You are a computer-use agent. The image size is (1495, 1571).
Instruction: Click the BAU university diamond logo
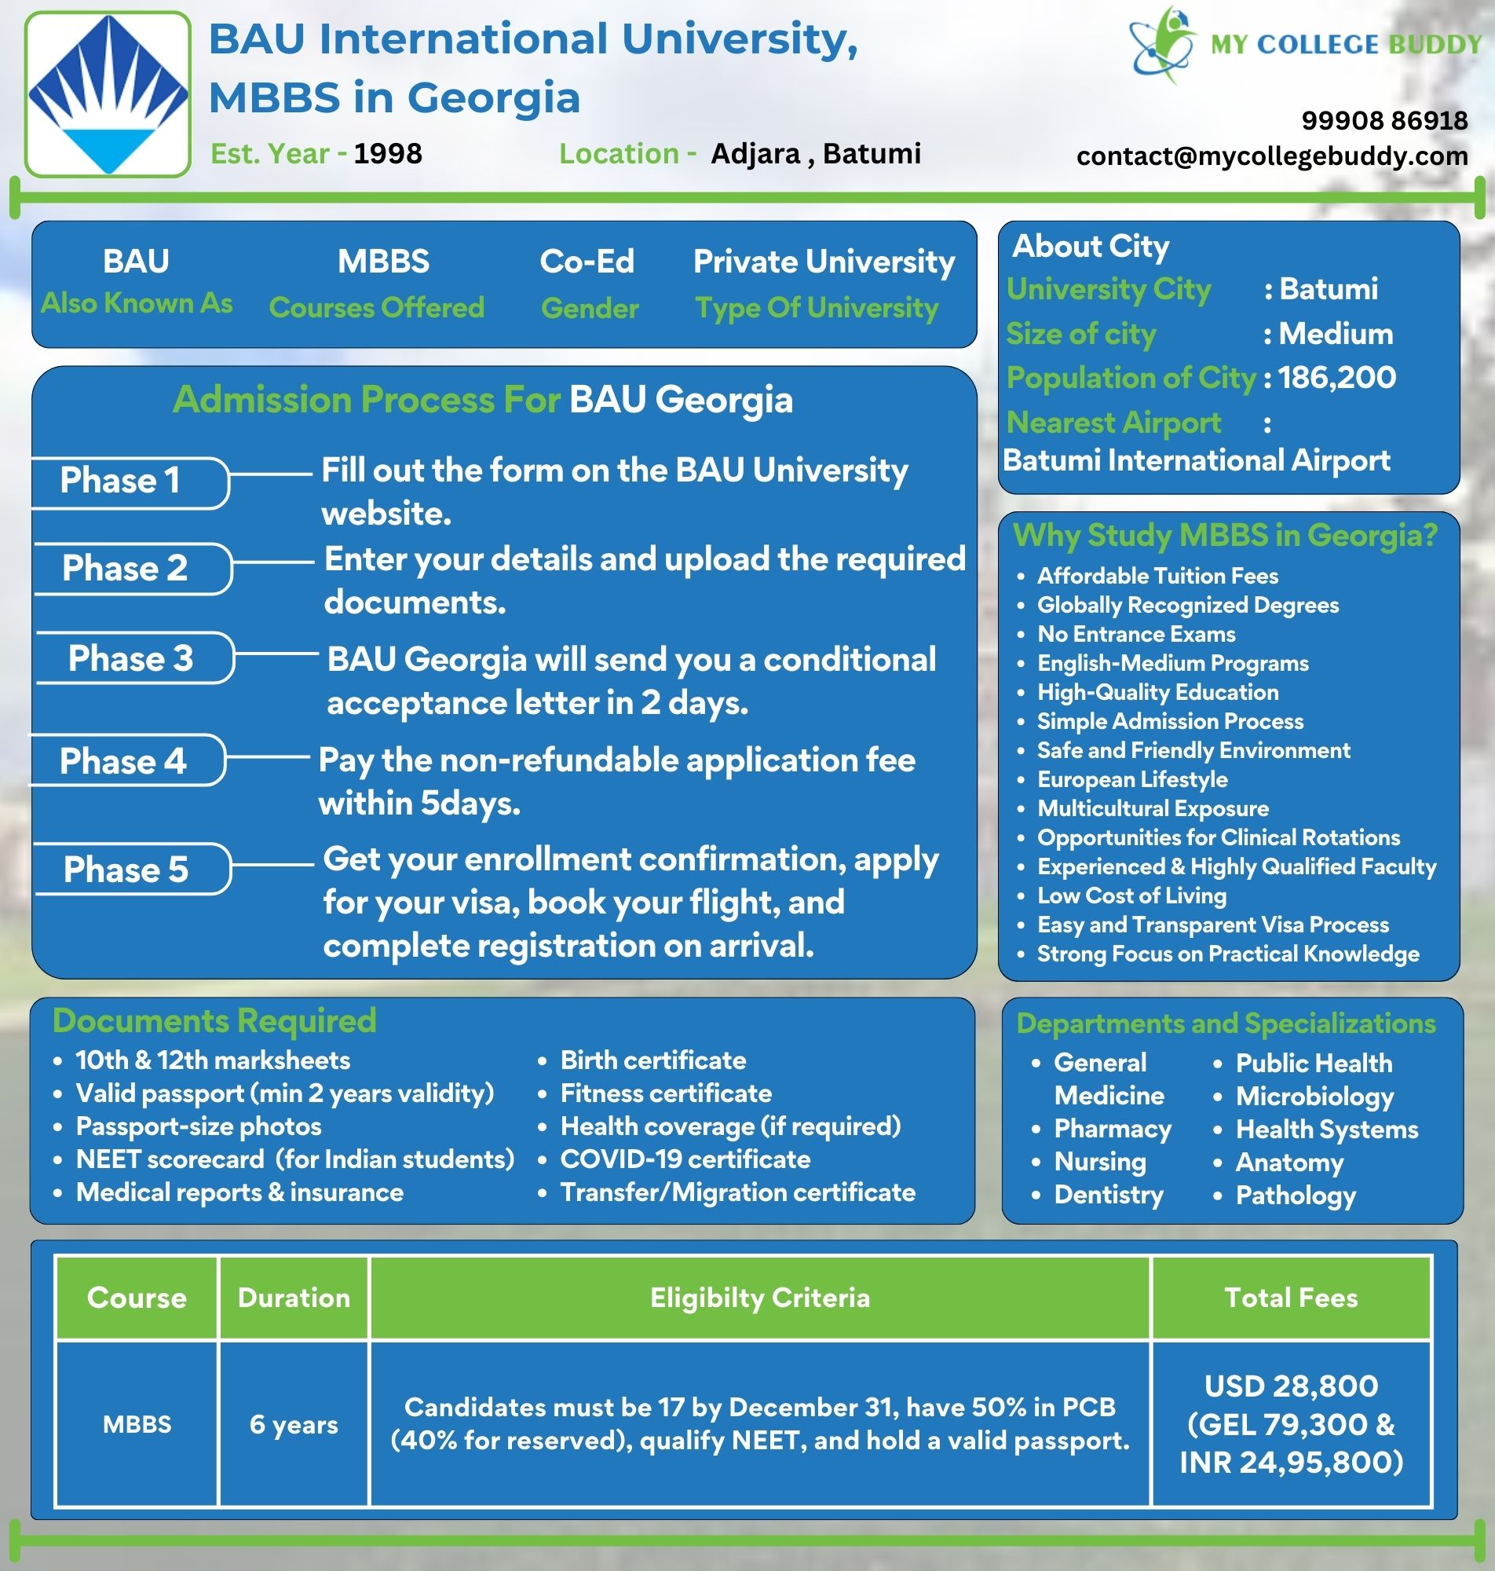coord(108,94)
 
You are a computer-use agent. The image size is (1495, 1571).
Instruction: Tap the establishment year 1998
coord(387,153)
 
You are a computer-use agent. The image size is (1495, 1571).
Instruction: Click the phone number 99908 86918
coord(1384,120)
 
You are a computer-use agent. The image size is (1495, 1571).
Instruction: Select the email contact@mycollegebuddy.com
coord(1272,156)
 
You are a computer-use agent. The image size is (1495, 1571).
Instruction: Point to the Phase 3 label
coord(130,658)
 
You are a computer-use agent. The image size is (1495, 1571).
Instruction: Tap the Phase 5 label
coord(126,870)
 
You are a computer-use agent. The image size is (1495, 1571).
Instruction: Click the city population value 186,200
coord(1336,378)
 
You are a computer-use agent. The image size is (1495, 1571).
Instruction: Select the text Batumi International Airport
coord(1196,460)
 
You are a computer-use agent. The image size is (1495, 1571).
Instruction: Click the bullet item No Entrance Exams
coord(1135,635)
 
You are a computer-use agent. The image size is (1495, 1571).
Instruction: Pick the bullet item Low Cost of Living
coord(1131,896)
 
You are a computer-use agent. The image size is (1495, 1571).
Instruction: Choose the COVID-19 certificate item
coord(685,1159)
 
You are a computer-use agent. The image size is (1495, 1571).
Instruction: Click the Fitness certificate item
coord(665,1093)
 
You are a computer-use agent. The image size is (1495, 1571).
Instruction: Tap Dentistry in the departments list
coord(1109,1195)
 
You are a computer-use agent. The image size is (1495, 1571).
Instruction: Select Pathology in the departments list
coord(1295,1196)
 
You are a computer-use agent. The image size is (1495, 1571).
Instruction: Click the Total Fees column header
coord(1290,1298)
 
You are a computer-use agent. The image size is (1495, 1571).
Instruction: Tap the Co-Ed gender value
coord(587,262)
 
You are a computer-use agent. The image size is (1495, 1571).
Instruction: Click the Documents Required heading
coord(214,1021)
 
